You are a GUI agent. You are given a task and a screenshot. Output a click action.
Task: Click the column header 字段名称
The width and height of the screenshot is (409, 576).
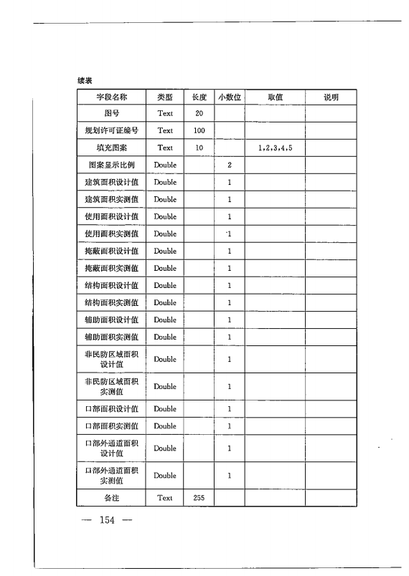click(111, 97)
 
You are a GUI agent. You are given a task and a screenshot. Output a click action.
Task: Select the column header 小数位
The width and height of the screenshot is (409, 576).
click(229, 97)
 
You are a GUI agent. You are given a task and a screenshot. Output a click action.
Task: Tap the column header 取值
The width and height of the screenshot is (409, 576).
click(275, 97)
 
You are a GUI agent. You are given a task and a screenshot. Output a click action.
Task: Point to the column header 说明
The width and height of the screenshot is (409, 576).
click(331, 97)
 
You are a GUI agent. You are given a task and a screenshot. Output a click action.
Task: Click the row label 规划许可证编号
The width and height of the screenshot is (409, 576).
click(111, 131)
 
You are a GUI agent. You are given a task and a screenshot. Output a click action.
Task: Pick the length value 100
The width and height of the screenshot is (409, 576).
click(199, 131)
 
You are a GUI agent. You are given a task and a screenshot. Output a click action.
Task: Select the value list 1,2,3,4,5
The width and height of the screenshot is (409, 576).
click(275, 148)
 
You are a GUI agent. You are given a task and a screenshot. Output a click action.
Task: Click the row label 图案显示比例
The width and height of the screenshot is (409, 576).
click(111, 165)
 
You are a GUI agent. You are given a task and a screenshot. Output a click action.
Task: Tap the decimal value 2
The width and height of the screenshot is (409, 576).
click(229, 165)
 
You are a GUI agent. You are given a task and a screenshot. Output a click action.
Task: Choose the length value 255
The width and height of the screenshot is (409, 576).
click(199, 498)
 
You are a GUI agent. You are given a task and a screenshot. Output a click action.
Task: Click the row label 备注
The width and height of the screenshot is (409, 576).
click(111, 498)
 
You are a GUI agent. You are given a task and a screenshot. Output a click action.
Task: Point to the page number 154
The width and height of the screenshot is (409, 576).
click(108, 519)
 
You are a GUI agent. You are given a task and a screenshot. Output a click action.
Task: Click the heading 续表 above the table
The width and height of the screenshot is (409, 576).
click(85, 80)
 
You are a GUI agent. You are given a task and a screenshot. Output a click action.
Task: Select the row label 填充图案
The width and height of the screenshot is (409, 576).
click(111, 148)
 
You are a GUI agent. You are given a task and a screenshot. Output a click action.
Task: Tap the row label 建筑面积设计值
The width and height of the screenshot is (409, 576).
click(111, 183)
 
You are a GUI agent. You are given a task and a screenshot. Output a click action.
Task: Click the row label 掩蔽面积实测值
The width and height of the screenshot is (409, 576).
click(111, 269)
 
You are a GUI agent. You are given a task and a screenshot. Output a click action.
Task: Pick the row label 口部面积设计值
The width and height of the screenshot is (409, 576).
click(111, 409)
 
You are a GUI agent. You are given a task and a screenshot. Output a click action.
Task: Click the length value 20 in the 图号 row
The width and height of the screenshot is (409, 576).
click(199, 114)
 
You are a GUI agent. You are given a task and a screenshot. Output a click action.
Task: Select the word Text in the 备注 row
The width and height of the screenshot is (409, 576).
click(165, 498)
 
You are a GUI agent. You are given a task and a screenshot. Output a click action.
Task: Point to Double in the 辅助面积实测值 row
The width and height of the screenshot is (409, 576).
click(165, 337)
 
